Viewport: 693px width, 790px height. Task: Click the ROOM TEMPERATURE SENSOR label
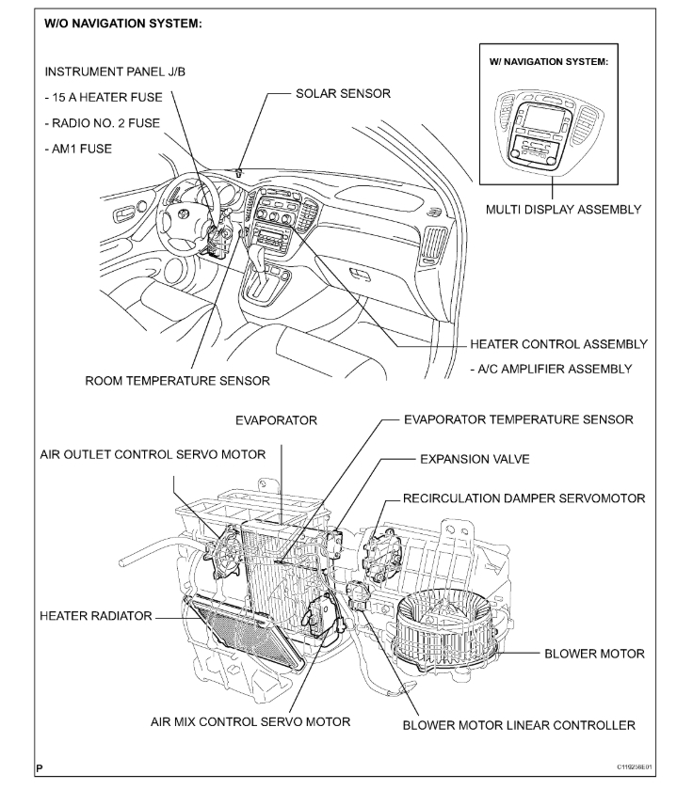click(x=178, y=381)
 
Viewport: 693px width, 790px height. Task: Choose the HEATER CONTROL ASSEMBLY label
click(x=558, y=344)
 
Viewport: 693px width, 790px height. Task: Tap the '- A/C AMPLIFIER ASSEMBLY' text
click(x=555, y=369)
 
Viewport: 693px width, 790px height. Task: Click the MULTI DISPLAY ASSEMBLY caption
click(x=564, y=209)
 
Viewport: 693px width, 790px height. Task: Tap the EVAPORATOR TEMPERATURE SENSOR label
click(x=518, y=419)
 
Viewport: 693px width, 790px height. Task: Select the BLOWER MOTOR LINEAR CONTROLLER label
click(x=518, y=724)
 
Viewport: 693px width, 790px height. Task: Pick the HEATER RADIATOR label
click(x=96, y=616)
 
